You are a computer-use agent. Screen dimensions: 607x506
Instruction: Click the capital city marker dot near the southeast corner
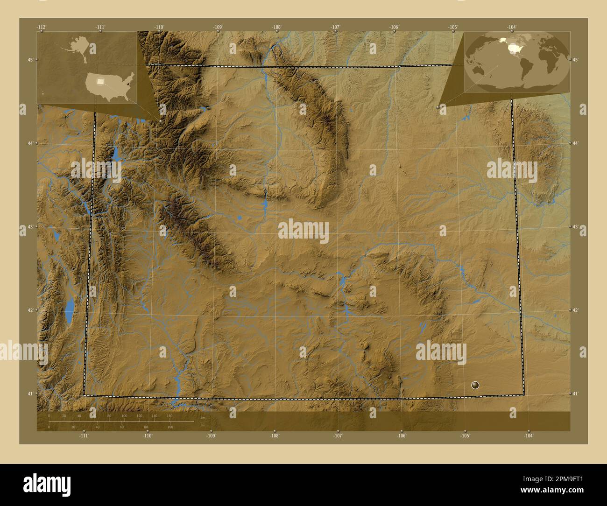coord(475,385)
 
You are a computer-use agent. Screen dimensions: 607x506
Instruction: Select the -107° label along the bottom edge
coord(338,436)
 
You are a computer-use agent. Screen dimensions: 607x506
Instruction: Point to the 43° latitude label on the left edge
coord(29,227)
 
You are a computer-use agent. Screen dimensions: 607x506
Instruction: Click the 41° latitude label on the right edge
coord(575,394)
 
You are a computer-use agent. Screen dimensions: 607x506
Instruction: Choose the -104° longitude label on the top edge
coord(512,27)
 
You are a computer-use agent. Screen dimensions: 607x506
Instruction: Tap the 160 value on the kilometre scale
coord(169,415)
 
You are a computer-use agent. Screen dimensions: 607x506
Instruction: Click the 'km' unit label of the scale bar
coord(202,418)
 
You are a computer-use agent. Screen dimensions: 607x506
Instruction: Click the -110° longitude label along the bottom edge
coord(148,436)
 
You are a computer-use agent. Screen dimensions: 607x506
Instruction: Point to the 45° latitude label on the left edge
coord(29,60)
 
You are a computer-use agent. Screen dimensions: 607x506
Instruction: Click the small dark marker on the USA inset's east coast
coord(127,84)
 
